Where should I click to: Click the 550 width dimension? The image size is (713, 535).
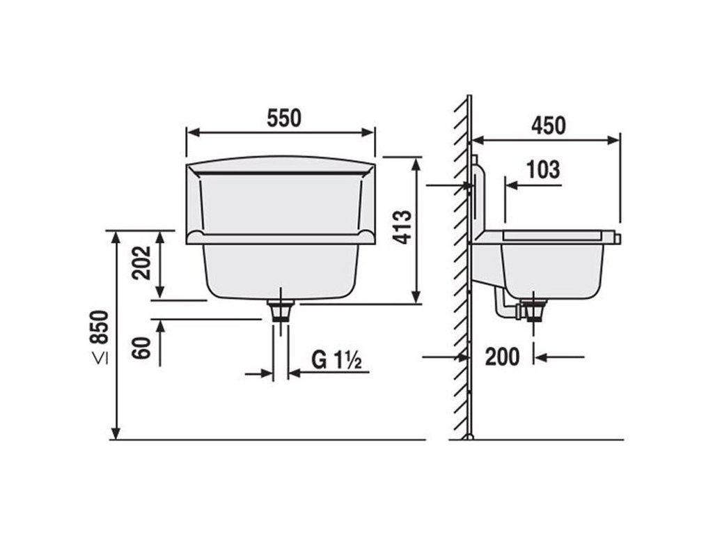[x=284, y=118]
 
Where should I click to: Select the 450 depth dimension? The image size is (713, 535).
[x=549, y=125]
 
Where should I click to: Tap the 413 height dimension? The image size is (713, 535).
[x=402, y=227]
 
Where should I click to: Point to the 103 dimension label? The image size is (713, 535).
[x=543, y=170]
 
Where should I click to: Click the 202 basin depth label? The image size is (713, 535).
[x=141, y=263]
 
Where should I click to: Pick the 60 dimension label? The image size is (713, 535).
[x=141, y=348]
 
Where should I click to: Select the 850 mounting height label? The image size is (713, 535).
[x=100, y=327]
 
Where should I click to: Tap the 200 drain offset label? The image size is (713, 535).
[x=502, y=357]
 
